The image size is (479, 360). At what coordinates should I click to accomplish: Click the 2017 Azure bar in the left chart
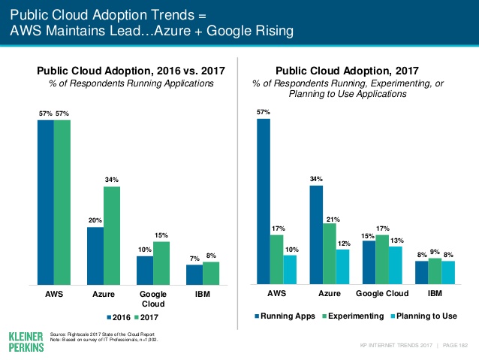coord(111,235)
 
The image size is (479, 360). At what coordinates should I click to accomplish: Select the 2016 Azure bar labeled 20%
coord(95,256)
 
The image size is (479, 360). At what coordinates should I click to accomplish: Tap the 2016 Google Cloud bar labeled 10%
coord(144,271)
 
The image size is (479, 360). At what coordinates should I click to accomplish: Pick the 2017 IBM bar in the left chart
coord(211,274)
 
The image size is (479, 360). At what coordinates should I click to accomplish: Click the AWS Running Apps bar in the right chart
coord(263,202)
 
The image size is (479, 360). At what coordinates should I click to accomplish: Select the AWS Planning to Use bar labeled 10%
coord(290,270)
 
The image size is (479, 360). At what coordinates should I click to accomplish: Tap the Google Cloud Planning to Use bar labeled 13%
coord(395,265)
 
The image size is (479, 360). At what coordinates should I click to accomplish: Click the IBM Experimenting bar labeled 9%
coord(435,271)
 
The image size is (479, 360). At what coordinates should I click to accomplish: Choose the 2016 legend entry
coord(119,316)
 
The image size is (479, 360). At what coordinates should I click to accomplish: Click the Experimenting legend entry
coord(352,316)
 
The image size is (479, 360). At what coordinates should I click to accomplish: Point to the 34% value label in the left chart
coord(112,180)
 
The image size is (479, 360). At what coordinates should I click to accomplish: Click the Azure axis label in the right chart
coord(330,294)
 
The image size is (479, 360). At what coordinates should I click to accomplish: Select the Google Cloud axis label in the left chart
coord(152,299)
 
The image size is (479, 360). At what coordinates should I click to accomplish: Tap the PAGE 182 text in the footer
coord(455,345)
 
